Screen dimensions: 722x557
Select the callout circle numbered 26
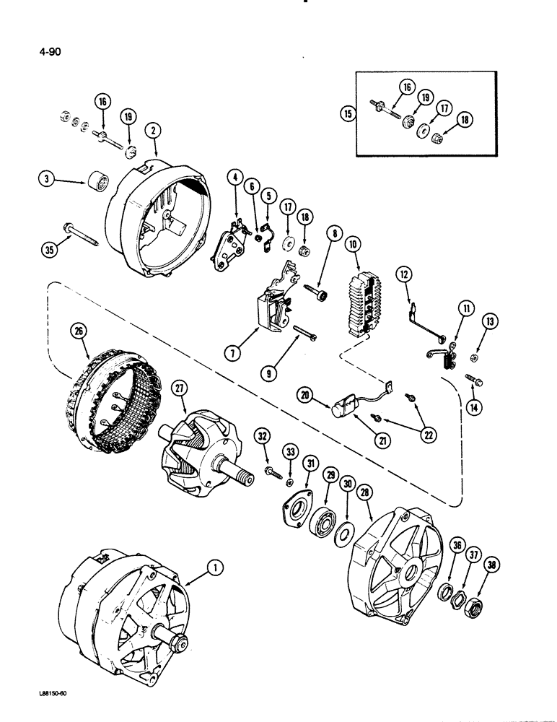click(78, 333)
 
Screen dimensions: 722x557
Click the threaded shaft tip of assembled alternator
click(177, 643)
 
